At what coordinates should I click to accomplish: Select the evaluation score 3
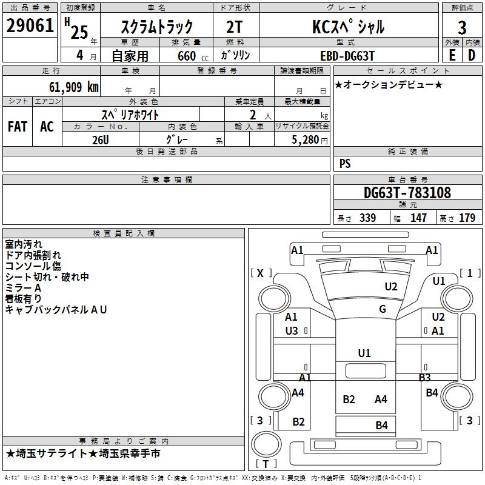tap(462, 27)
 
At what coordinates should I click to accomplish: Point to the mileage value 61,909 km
tap(69, 87)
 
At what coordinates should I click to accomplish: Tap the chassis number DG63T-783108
tap(407, 193)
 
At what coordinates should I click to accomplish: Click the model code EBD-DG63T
tap(347, 55)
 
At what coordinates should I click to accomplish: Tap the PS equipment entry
tap(345, 164)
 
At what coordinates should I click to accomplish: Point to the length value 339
tap(367, 218)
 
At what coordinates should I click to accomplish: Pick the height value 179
tap(467, 218)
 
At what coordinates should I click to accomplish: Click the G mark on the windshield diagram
tap(383, 309)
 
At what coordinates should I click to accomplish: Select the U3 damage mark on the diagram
tap(292, 331)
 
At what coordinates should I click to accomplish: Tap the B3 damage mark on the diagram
tap(424, 378)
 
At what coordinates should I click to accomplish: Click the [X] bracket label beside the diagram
tap(261, 273)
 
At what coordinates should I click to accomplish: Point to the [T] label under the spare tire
tap(266, 464)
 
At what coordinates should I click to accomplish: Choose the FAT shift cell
tap(18, 127)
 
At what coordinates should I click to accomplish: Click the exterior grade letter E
tap(452, 55)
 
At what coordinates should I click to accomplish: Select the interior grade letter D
tap(472, 55)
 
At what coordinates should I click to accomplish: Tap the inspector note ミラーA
tap(24, 288)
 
